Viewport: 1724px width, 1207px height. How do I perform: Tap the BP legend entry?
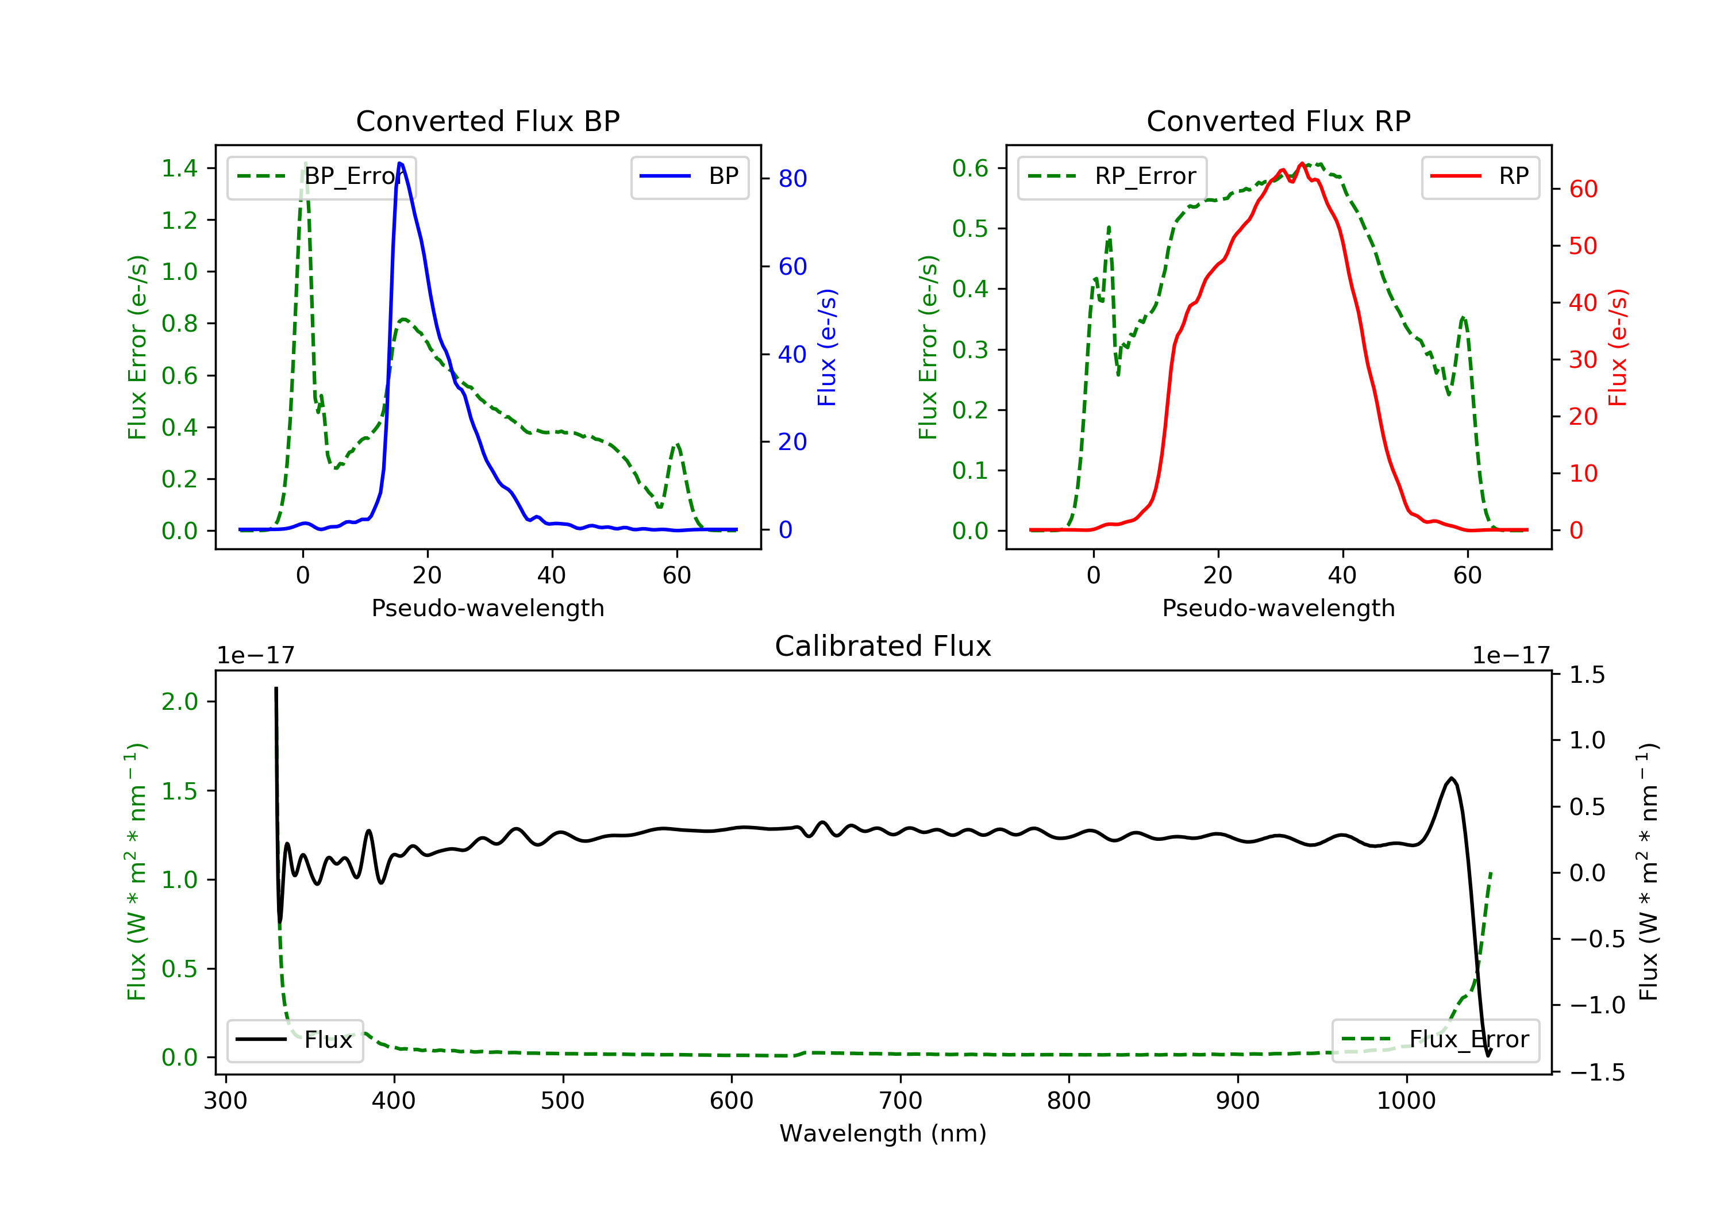tap(690, 176)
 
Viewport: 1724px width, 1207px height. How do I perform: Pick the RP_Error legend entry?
tap(1112, 176)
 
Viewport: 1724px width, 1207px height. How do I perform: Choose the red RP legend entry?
tap(1480, 176)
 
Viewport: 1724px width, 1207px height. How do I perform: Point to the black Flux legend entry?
tap(295, 1040)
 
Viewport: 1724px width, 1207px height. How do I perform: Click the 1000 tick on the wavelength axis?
tap(1406, 1101)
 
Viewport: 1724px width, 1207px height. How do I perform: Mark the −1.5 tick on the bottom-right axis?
tap(1597, 1072)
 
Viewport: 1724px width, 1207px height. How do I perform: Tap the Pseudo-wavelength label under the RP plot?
tap(1278, 608)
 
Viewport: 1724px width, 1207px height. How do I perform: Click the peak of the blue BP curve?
tap(399, 163)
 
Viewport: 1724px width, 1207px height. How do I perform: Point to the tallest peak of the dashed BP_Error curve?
tap(305, 163)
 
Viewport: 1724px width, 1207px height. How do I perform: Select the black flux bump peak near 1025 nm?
tap(1452, 778)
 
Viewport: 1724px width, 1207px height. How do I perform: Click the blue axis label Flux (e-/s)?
tap(827, 348)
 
